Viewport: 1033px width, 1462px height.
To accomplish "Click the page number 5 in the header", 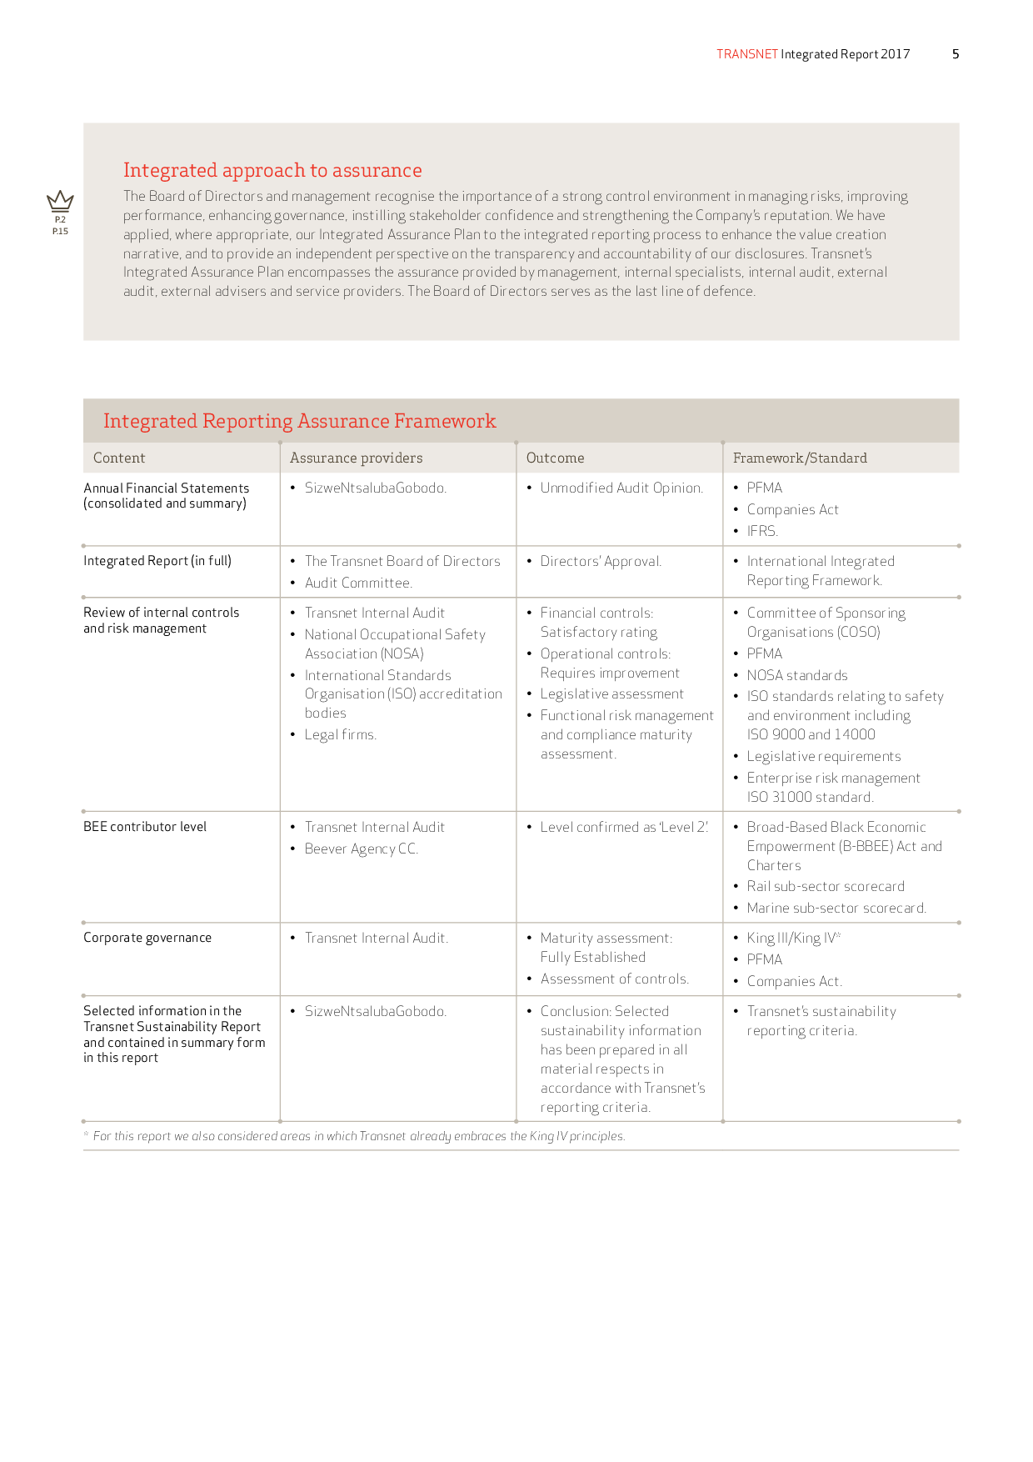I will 956,54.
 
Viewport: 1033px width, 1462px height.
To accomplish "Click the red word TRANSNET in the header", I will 746,54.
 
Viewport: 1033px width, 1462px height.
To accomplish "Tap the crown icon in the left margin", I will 60,201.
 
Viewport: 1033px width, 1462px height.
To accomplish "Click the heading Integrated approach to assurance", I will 272,170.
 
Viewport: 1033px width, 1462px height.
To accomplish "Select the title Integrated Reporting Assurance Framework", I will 299,421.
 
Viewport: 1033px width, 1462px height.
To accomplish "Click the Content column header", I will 119,458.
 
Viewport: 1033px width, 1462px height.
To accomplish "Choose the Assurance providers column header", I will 356,458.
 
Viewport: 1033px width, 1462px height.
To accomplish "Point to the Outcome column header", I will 555,458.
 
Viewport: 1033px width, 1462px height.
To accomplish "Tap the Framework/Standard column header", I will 800,458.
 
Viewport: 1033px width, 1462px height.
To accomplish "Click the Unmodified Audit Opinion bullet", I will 621,488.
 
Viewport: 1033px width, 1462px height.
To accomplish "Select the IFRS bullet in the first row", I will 761,531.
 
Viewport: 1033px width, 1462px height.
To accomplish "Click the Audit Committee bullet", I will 358,583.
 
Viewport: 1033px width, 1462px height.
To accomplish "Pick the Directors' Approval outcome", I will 601,561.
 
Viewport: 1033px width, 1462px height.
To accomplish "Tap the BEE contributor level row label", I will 145,827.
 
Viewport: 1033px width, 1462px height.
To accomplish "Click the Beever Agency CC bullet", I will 361,849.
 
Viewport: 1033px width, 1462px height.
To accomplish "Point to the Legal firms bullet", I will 340,734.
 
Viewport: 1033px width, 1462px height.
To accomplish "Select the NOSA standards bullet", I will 796,675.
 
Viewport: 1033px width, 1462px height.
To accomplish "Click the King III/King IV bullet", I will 792,938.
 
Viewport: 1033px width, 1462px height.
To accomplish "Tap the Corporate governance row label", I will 147,938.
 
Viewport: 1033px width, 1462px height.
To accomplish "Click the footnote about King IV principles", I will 358,1136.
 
